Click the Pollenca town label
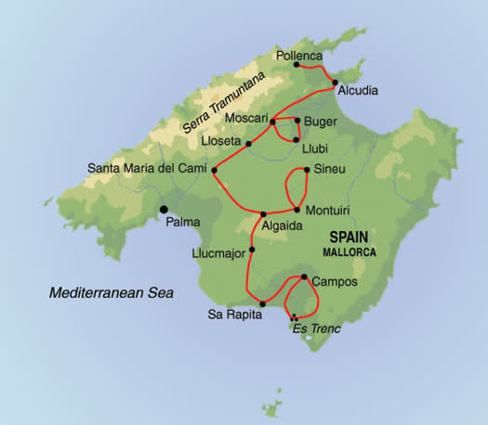298,56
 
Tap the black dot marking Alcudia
335,82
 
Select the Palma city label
183,222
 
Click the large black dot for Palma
164,210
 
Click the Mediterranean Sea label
112,293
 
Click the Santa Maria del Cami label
146,169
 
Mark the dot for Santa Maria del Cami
214,169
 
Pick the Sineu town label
331,171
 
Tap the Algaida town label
282,226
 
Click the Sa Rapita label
230,314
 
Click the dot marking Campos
304,277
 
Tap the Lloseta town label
221,142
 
